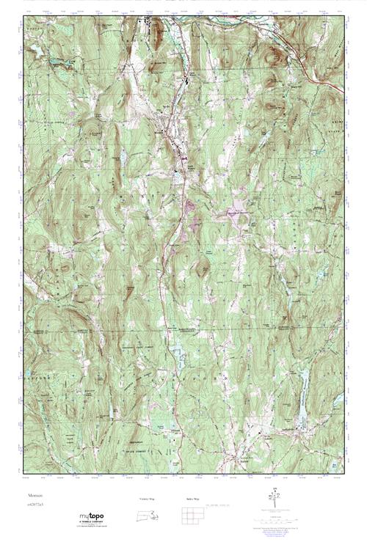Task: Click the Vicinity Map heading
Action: [148, 498]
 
